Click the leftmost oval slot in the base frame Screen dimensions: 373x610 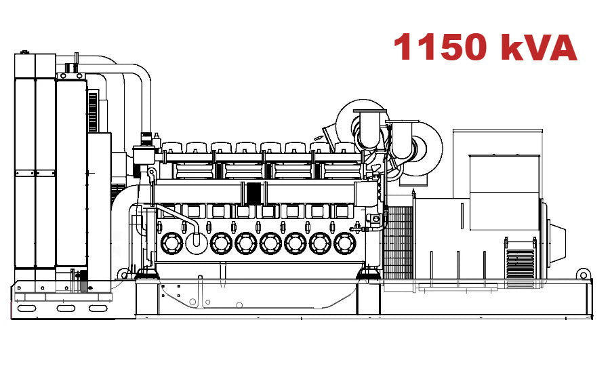[x=27, y=309]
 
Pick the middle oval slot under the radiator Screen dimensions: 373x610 [x=66, y=309]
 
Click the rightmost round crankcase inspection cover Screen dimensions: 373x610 [x=344, y=243]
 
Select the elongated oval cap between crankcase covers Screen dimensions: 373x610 [x=196, y=240]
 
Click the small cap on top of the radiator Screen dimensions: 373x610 [x=25, y=52]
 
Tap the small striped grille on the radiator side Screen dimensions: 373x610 [x=93, y=109]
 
